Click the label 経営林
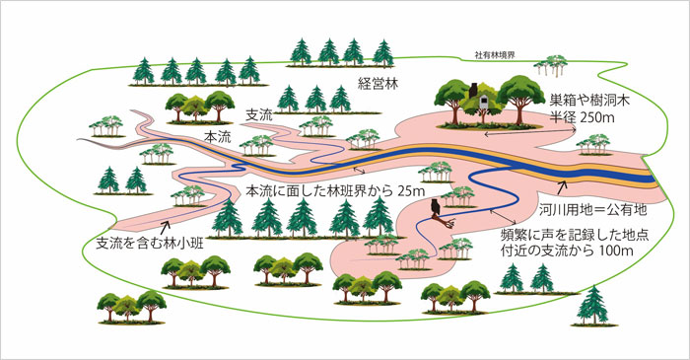(x=378, y=85)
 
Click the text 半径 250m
(x=582, y=117)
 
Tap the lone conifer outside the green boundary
(x=592, y=307)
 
